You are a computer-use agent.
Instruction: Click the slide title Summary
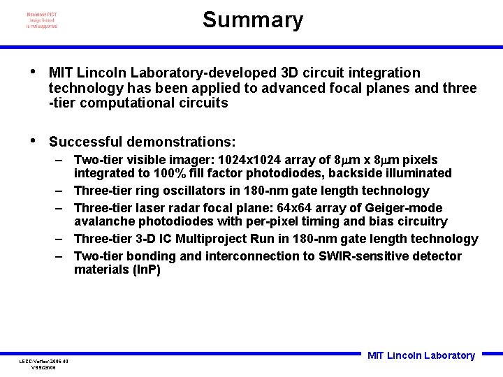pos(253,20)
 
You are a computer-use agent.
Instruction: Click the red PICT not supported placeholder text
pos(42,21)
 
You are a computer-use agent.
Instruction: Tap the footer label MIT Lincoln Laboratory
pos(421,355)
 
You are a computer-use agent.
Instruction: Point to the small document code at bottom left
pos(43,364)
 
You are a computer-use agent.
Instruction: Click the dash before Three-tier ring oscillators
pos(61,191)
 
